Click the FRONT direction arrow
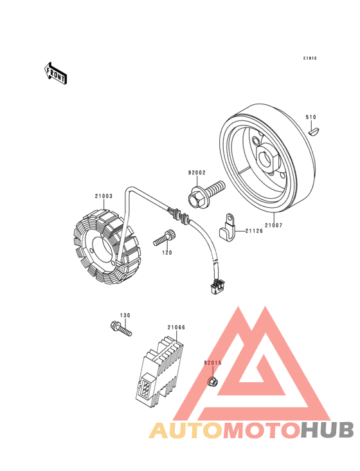pyautogui.click(x=55, y=73)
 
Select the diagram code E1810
pyautogui.click(x=310, y=59)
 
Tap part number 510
pyautogui.click(x=310, y=117)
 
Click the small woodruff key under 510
pyautogui.click(x=315, y=132)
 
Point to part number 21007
pyautogui.click(x=274, y=225)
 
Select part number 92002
pyautogui.click(x=197, y=172)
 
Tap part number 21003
pyautogui.click(x=104, y=196)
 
